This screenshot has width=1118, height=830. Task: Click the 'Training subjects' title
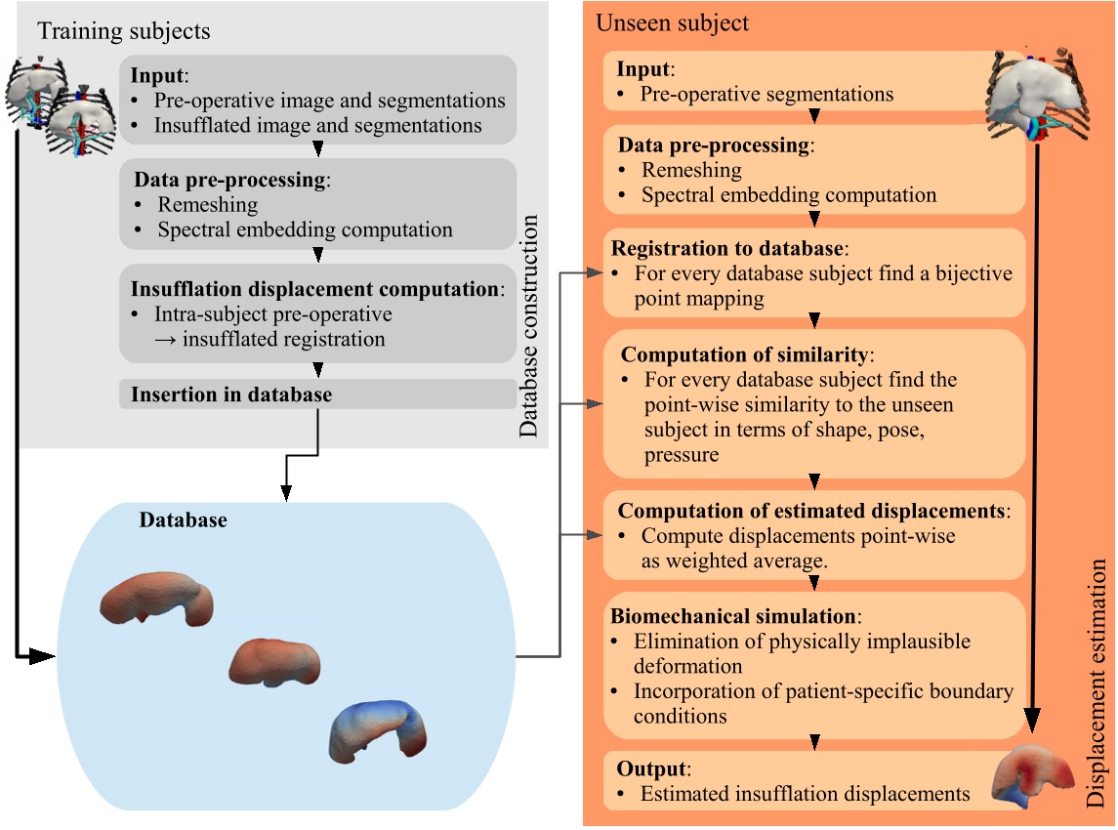coord(123,31)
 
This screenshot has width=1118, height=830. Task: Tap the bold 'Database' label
coord(183,520)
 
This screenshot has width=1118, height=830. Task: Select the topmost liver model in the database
coord(156,597)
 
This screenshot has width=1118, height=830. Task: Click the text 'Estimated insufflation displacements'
coord(805,794)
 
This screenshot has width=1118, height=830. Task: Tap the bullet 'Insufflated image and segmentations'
coord(317,125)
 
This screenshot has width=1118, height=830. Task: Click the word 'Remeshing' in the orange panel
coord(691,169)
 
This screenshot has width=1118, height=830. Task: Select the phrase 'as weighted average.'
coord(734,561)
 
